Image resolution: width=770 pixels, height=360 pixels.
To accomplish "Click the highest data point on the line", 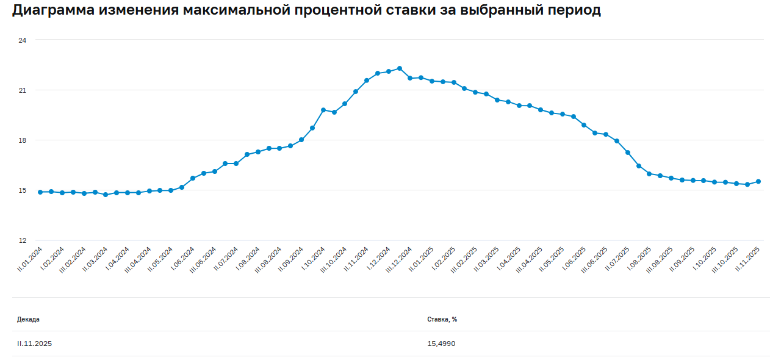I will (x=400, y=68).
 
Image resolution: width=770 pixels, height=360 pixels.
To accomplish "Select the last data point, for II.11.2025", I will (x=758, y=181).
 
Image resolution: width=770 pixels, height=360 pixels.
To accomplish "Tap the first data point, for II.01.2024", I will (x=40, y=192).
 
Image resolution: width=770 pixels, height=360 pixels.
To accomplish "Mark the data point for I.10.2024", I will (x=323, y=110).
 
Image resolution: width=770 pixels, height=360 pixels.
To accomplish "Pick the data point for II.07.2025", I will (x=628, y=153).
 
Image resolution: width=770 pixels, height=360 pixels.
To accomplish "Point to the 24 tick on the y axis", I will (x=23, y=40).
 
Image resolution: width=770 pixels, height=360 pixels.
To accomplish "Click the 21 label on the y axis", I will (x=23, y=90).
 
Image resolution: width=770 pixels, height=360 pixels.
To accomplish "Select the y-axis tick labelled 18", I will (x=23, y=140).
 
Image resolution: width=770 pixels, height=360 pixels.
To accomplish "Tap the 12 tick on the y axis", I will (x=23, y=240).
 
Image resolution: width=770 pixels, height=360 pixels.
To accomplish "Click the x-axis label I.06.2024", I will (x=183, y=259).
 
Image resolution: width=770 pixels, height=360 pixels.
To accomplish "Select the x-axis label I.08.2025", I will (x=641, y=259).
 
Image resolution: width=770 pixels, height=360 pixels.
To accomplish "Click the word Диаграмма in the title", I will (x=51, y=10).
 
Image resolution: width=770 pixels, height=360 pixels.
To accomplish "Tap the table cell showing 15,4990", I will (x=441, y=344).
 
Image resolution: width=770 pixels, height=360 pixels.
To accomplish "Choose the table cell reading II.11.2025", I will (x=34, y=344).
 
